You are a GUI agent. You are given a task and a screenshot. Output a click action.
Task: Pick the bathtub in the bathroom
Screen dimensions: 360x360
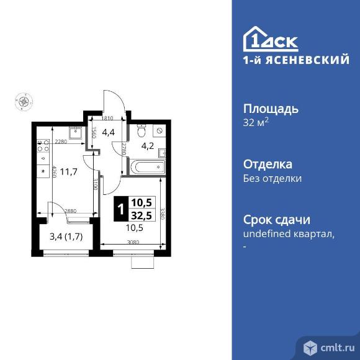[x=147, y=166]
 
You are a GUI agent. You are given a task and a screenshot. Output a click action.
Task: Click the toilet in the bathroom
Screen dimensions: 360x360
[x=142, y=131]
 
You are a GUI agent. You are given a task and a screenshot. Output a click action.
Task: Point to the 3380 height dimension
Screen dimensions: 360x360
[x=161, y=214]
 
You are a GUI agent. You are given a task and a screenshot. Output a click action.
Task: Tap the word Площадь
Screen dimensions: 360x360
[x=270, y=109]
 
